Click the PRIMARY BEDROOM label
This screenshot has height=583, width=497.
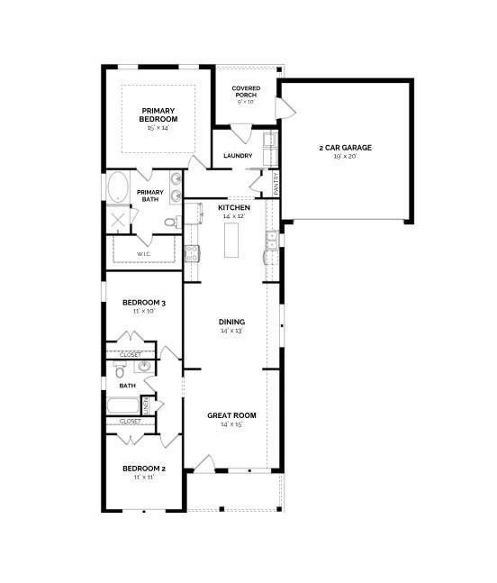(158, 114)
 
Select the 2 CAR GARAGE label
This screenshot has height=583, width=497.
(345, 147)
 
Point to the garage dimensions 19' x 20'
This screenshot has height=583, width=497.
(345, 157)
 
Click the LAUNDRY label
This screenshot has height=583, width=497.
(238, 156)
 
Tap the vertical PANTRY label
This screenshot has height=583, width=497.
(276, 183)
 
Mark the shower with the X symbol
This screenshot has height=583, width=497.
(120, 221)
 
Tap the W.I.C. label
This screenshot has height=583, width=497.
(143, 254)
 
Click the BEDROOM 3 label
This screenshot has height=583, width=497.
(144, 302)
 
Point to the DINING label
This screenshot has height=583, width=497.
(231, 322)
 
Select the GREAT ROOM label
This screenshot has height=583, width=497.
(231, 415)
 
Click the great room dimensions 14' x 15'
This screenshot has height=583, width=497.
(231, 424)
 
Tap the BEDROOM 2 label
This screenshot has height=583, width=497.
(144, 469)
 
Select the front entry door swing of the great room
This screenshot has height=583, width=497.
(204, 463)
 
